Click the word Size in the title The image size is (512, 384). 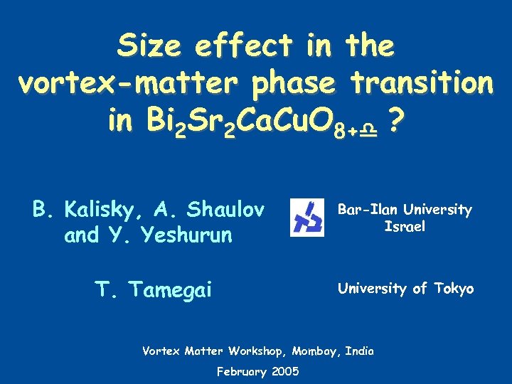point(150,46)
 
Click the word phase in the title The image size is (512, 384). point(291,85)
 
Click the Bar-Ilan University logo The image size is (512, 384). point(307,218)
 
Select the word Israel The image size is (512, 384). point(405,228)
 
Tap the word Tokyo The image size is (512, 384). point(453,289)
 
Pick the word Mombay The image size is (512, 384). point(316,351)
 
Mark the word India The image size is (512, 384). point(359,351)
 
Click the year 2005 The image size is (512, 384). point(284,371)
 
